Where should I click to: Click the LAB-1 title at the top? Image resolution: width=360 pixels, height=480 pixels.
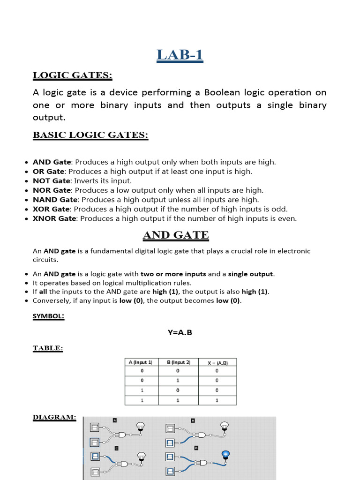tap(180, 55)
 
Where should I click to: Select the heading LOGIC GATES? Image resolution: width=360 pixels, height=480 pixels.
tap(72, 75)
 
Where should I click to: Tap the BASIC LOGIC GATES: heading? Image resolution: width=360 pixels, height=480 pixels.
tap(90, 135)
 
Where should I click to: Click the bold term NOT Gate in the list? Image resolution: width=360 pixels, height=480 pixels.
tap(51, 180)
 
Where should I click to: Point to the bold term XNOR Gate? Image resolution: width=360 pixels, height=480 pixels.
tap(54, 218)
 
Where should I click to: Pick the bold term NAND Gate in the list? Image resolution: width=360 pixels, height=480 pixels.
tap(54, 200)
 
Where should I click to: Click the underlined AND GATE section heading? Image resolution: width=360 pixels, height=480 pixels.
tap(175, 235)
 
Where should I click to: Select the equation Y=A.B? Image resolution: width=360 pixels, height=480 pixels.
tap(180, 332)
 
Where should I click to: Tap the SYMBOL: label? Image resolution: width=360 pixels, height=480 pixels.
tap(48, 316)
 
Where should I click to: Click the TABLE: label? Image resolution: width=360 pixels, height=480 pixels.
tap(47, 348)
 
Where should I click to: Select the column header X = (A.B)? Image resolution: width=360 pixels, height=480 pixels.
tap(217, 362)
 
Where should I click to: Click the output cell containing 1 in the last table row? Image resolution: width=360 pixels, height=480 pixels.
tap(217, 400)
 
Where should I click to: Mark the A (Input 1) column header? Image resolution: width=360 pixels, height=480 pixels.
tap(140, 362)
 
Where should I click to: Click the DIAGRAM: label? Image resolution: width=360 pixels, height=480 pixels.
tap(54, 417)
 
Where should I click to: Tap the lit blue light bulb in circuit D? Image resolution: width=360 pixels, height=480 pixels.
tap(225, 454)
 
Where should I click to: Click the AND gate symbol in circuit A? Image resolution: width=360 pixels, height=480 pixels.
tap(123, 435)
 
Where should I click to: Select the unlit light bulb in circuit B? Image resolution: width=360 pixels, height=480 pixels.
tap(225, 426)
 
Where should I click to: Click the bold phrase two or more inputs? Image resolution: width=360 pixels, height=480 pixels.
tap(173, 274)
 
